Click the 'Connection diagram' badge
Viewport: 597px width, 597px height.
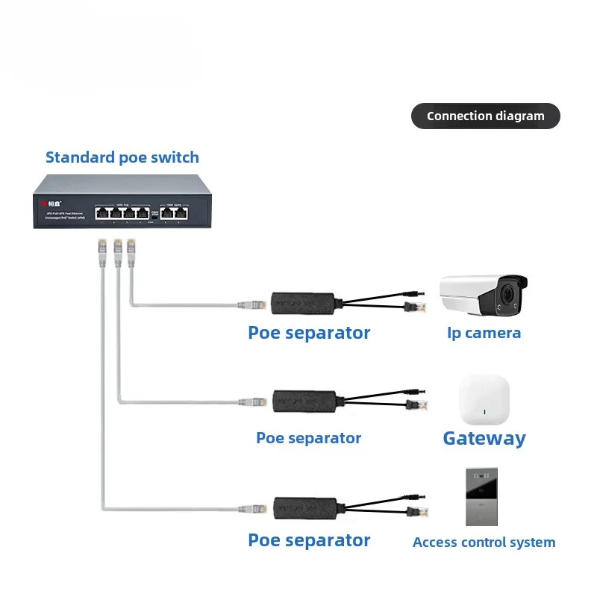pos(485,116)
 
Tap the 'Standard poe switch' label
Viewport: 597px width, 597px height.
pos(122,157)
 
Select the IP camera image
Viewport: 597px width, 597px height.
pos(483,294)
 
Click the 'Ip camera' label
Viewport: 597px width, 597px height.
pos(484,333)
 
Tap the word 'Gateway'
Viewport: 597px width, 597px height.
pos(484,438)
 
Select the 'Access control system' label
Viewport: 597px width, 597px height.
pos(484,543)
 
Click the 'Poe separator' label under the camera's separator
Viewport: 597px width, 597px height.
pos(309,333)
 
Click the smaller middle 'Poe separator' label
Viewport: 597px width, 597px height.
pos(308,438)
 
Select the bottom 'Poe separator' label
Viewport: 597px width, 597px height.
pos(309,540)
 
